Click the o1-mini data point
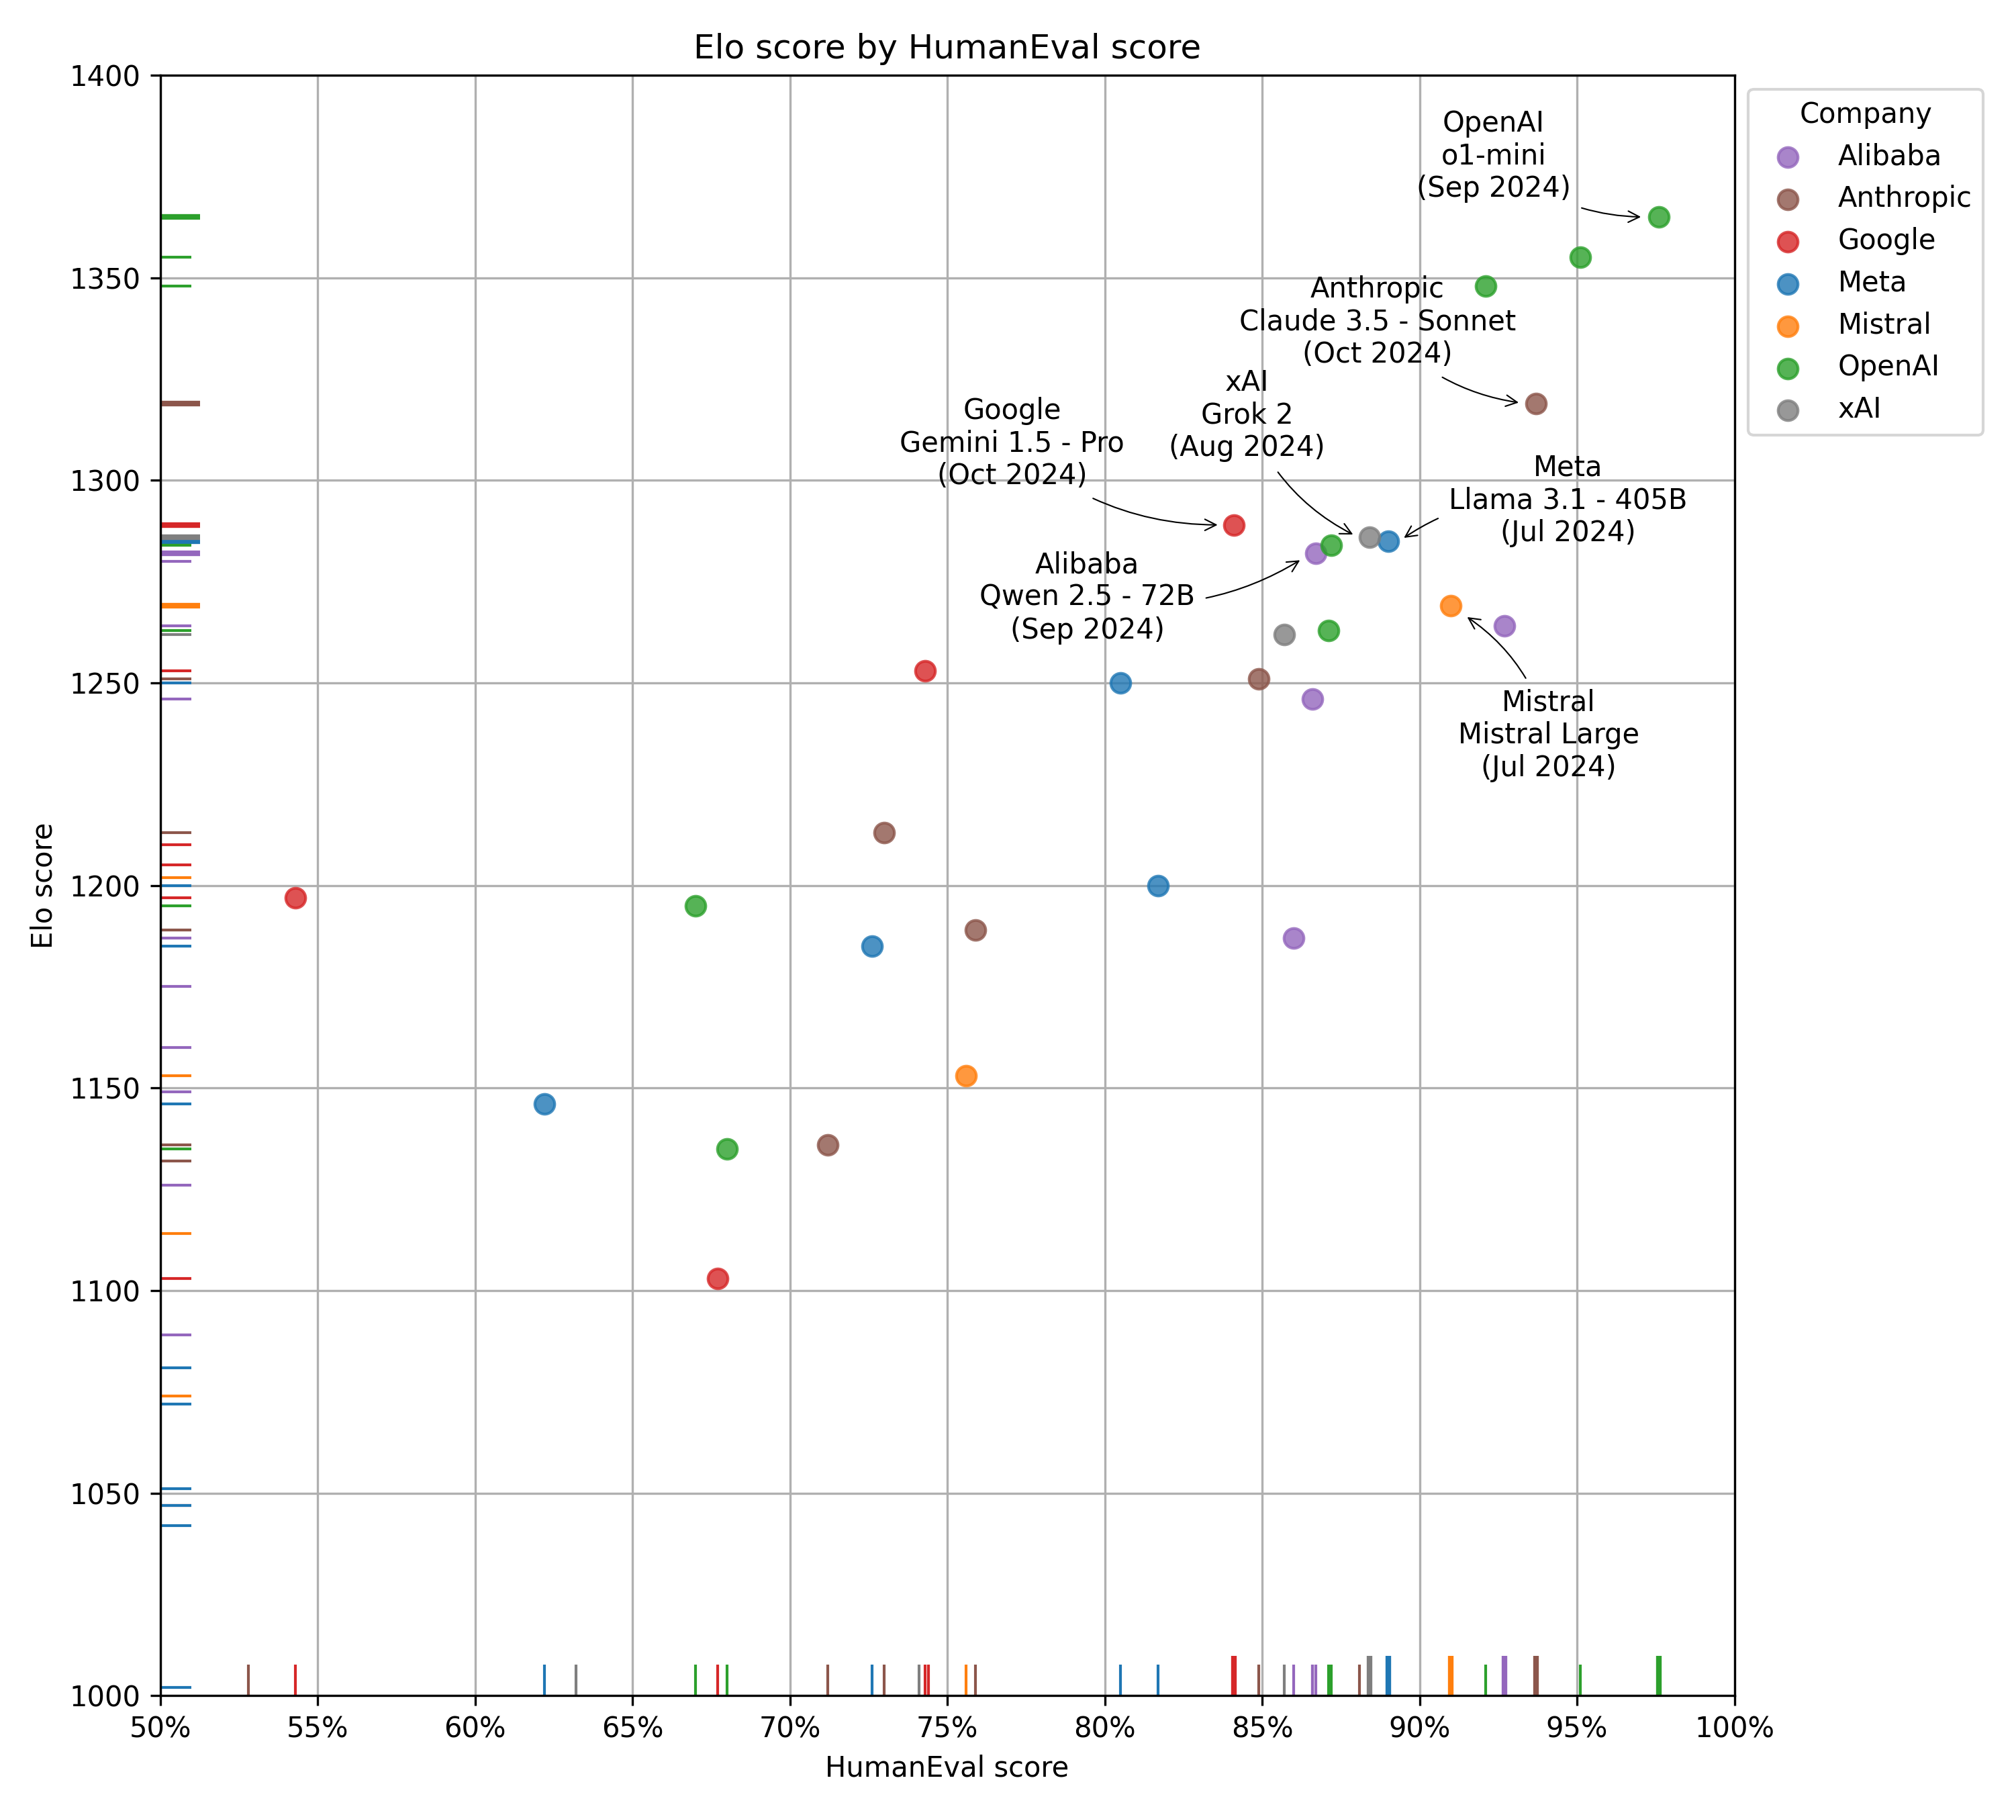coord(1658,217)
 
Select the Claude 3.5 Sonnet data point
coord(1536,404)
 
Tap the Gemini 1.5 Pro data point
coord(1234,525)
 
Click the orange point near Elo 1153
coord(966,1076)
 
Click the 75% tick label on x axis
coord(947,1727)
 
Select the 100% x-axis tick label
coord(1734,1727)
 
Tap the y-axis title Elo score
coord(42,886)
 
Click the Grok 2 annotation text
coord(1246,414)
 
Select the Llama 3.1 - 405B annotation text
coord(1568,499)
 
